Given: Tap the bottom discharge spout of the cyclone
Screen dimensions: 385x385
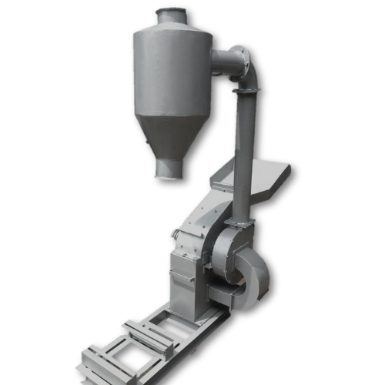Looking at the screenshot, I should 169,167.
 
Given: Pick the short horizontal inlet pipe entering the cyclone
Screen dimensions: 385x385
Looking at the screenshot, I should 223,62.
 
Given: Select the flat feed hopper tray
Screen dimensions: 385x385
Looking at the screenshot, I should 262,176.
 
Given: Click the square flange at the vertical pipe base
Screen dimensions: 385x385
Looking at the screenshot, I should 241,222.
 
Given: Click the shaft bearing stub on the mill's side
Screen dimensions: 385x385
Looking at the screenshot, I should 176,233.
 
